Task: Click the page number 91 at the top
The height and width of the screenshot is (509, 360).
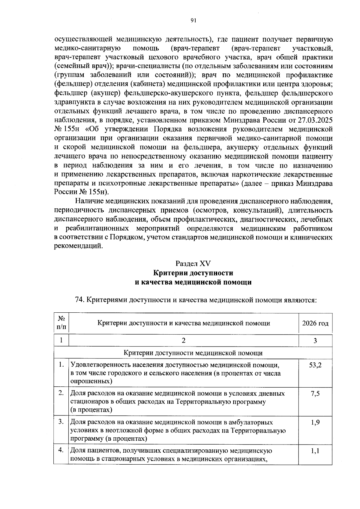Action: click(193, 20)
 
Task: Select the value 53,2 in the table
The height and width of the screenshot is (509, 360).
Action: click(315, 365)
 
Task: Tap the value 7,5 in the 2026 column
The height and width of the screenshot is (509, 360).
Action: click(315, 393)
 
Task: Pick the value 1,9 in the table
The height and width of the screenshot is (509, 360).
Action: click(315, 422)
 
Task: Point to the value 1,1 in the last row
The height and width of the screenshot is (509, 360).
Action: click(315, 451)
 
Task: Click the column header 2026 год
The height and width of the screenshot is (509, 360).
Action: click(315, 323)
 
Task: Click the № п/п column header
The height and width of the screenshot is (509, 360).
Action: click(61, 323)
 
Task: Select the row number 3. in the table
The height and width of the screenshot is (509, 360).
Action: click(61, 422)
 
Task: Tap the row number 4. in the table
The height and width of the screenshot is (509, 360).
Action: click(61, 450)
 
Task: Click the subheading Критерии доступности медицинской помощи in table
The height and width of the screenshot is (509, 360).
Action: click(193, 353)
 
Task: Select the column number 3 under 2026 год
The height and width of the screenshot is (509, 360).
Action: click(315, 341)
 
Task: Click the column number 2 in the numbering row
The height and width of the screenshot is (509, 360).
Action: click(184, 341)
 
